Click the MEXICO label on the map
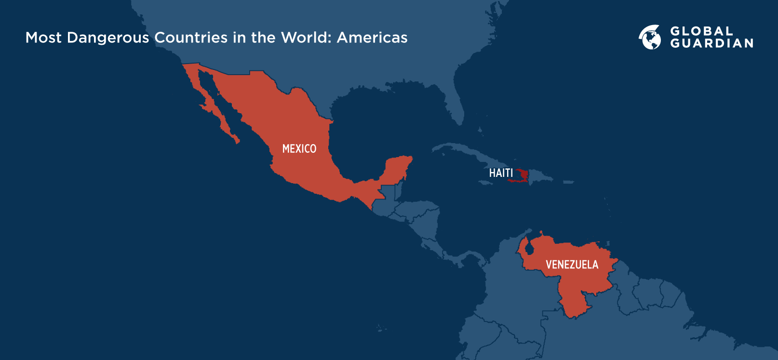tap(299, 149)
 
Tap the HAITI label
tap(501, 173)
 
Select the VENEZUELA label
tap(572, 265)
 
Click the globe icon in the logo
tap(650, 37)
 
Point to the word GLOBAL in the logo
tap(701, 31)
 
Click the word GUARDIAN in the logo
tap(711, 43)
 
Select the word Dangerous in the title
tap(108, 38)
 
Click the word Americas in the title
tap(372, 38)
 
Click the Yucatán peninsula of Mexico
tap(398, 169)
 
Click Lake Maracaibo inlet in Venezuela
tap(529, 250)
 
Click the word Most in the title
tap(43, 38)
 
